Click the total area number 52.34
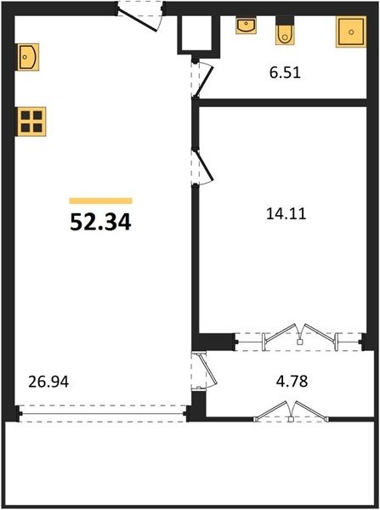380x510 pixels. pyautogui.click(x=100, y=223)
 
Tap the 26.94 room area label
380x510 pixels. pyautogui.click(x=48, y=382)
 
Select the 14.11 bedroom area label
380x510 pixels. pyautogui.click(x=286, y=214)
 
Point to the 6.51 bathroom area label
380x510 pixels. pyautogui.click(x=285, y=72)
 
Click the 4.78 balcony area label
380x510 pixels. pyautogui.click(x=292, y=381)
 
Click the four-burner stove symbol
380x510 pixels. pyautogui.click(x=31, y=122)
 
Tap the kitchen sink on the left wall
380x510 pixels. pyautogui.click(x=27, y=57)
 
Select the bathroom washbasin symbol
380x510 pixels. pyautogui.click(x=246, y=25)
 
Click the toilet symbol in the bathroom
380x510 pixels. pyautogui.click(x=286, y=31)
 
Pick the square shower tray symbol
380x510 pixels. pyautogui.click(x=351, y=31)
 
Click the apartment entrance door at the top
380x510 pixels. pyautogui.click(x=138, y=20)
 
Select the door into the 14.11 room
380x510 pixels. pyautogui.click(x=204, y=165)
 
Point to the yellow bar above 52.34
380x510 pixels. pyautogui.click(x=101, y=201)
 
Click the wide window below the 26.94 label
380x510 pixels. pyautogui.click(x=103, y=413)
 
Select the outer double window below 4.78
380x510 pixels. pyautogui.click(x=292, y=412)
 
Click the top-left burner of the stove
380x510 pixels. pyautogui.click(x=26, y=116)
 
